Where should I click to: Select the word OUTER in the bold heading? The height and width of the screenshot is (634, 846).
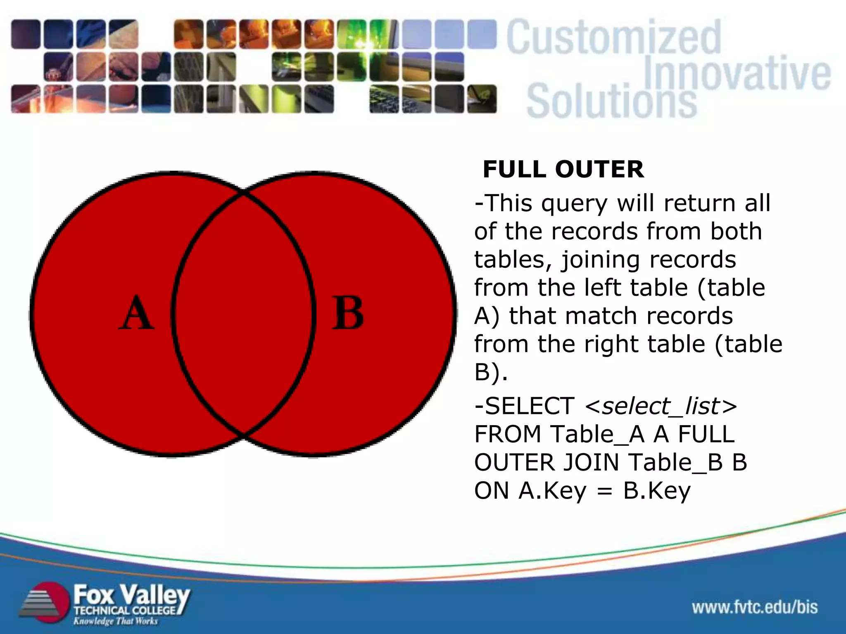[599, 169]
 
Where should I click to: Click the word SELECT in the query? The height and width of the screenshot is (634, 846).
[529, 406]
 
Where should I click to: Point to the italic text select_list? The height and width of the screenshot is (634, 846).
[661, 406]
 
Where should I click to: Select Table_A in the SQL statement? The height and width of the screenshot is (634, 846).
[598, 434]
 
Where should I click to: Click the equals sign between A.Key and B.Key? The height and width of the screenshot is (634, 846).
[605, 491]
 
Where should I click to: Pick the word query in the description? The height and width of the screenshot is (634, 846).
[574, 204]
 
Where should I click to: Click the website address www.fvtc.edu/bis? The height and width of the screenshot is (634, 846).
[755, 607]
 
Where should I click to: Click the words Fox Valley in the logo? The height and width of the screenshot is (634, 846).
[131, 595]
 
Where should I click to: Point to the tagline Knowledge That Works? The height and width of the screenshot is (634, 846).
[116, 621]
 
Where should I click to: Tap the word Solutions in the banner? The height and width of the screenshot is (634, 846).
[611, 101]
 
